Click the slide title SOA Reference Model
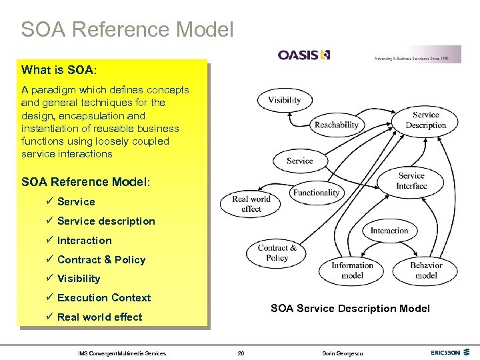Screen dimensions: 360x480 point(127,30)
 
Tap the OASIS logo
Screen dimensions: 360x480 point(304,55)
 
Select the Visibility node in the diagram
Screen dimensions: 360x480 point(284,100)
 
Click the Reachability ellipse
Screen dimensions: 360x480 point(337,125)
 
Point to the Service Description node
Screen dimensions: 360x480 point(425,120)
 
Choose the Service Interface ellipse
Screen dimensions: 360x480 point(411,181)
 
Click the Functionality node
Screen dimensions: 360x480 point(316,193)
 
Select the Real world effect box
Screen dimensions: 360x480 point(251,204)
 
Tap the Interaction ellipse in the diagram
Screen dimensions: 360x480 point(389,231)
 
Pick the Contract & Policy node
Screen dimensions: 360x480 point(277,253)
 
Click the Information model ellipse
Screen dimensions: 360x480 point(352,270)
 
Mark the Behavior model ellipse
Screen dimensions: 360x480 point(426,270)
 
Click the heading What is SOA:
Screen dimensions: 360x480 point(59,70)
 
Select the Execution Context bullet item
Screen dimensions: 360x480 point(104,298)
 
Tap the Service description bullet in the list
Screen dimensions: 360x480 point(106,221)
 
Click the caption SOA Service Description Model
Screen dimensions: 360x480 point(350,308)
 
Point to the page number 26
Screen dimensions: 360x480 point(241,353)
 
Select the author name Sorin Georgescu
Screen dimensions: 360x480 point(347,353)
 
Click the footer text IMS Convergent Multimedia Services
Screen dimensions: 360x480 point(122,353)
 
